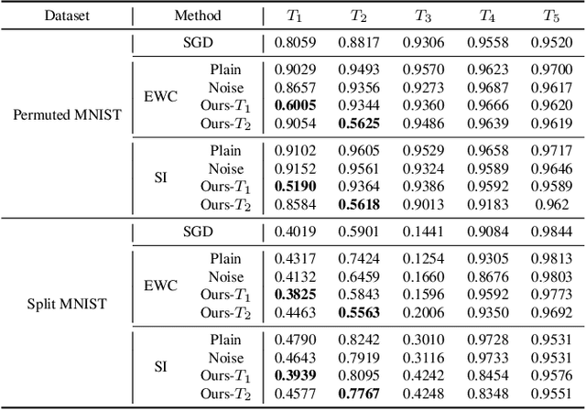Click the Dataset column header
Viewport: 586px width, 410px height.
point(63,16)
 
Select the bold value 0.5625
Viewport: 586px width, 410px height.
point(360,123)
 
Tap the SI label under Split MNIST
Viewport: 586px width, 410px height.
point(160,366)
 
